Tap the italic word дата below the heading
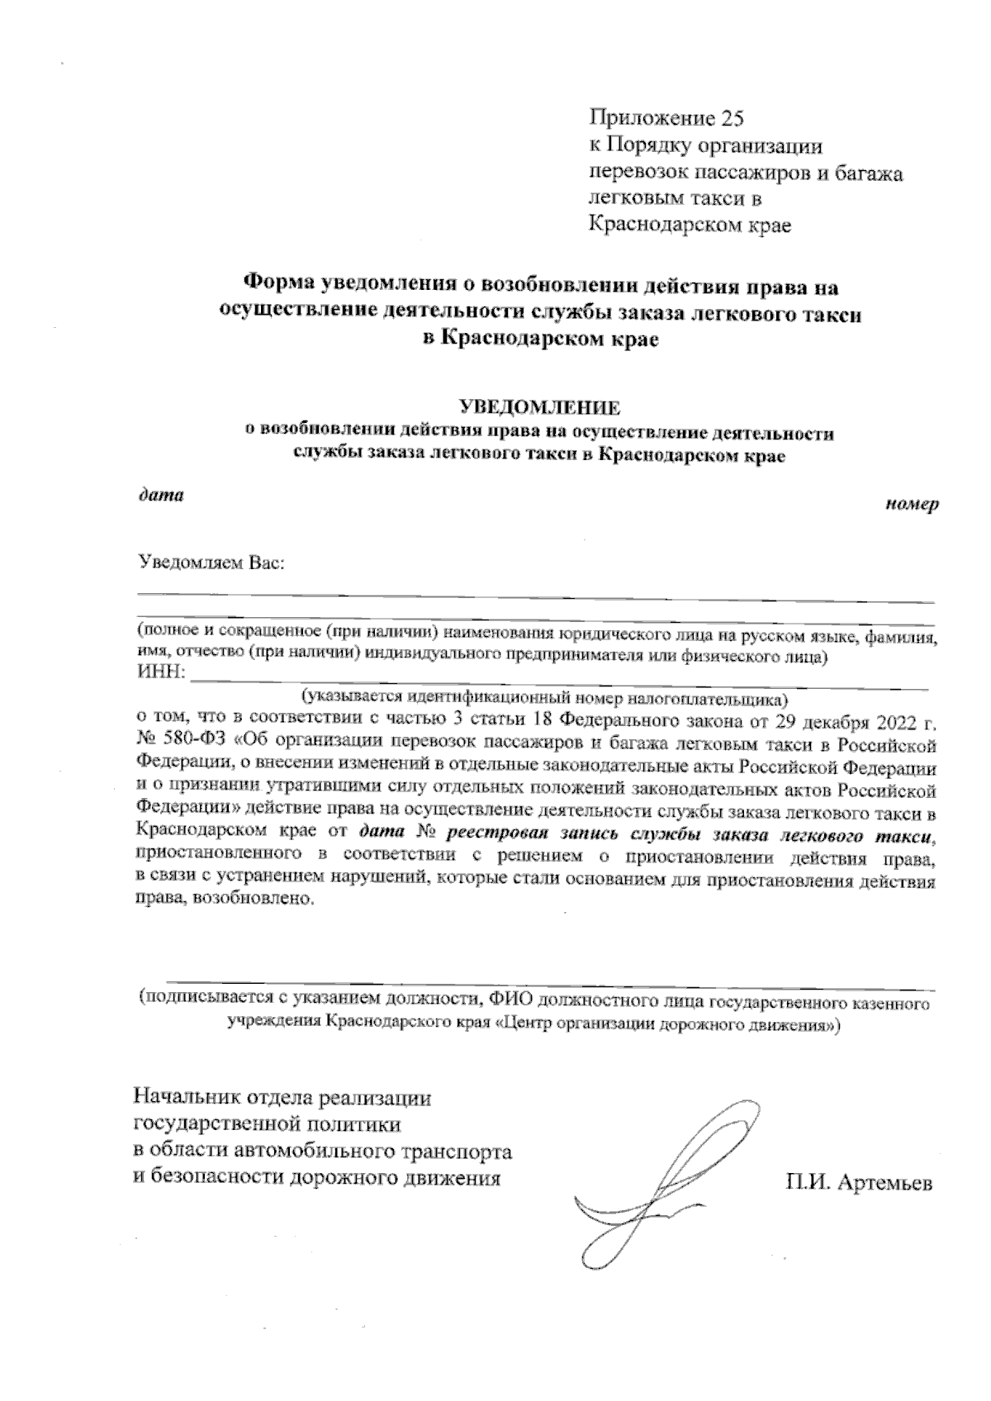click(160, 496)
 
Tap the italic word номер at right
click(913, 505)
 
